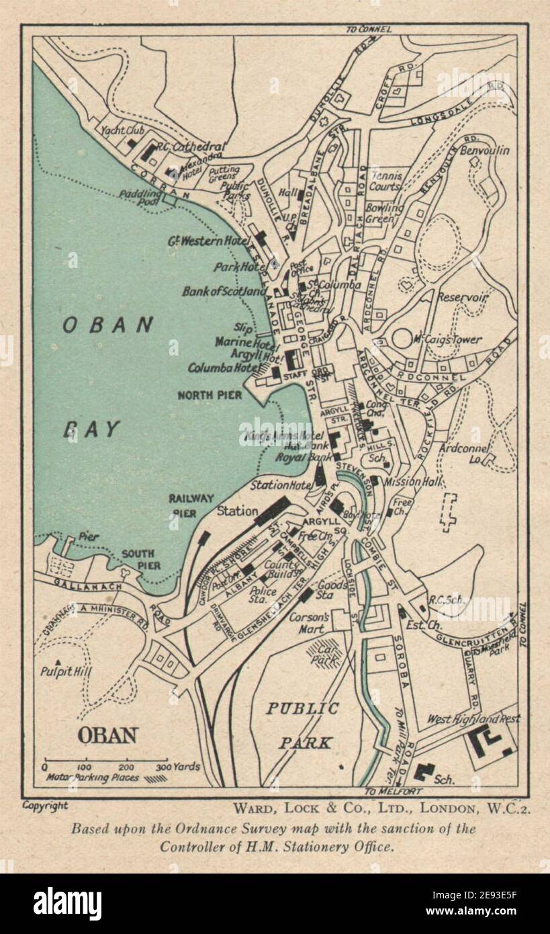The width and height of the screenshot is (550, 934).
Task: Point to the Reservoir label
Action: coord(462,296)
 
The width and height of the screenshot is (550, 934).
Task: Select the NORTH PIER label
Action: coord(210,395)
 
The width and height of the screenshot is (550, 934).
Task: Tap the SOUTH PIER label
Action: coord(141,560)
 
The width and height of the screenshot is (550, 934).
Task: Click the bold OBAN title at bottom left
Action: coord(107,735)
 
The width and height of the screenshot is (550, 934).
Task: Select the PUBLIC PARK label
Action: coord(302,725)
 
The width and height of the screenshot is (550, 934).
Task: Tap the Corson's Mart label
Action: coord(308,622)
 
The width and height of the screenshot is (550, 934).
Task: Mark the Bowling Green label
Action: coord(384,213)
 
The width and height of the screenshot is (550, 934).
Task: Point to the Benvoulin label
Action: coord(484,151)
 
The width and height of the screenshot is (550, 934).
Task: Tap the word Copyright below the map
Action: coord(45,805)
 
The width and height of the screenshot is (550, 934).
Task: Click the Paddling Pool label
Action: coord(138,197)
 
